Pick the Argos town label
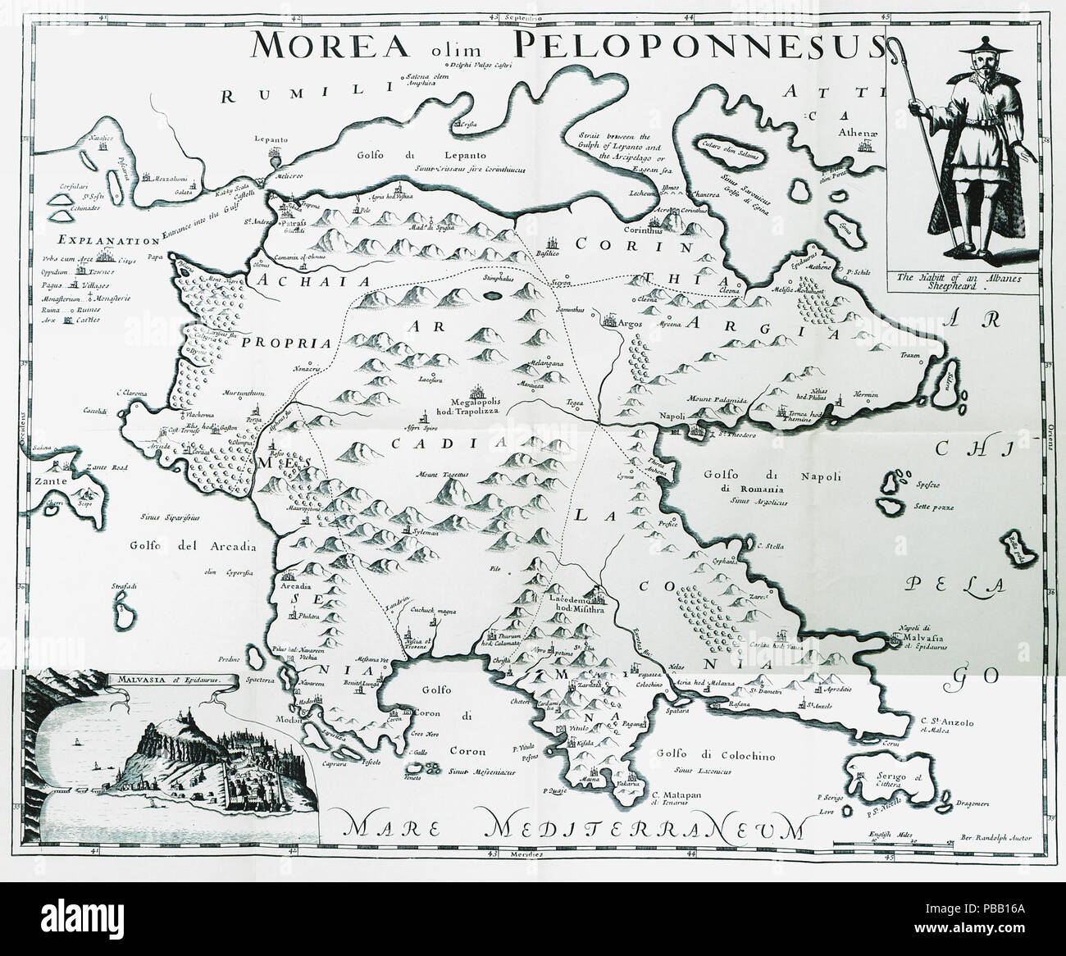643,316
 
